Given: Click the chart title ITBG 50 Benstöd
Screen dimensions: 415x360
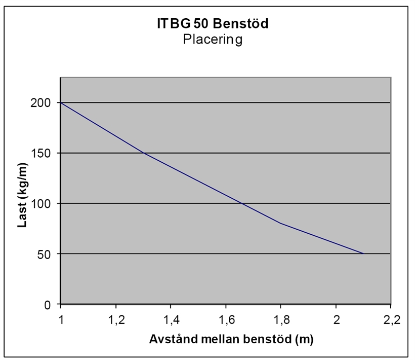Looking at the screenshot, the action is click(213, 23).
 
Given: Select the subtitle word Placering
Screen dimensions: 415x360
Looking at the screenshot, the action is click(213, 40).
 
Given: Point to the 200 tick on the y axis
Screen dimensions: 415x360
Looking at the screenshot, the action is click(40, 103).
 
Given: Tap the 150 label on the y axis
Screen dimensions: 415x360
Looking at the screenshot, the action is click(40, 154).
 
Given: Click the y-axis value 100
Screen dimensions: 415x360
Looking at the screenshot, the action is click(40, 204).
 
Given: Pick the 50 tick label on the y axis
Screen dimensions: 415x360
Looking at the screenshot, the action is click(44, 255).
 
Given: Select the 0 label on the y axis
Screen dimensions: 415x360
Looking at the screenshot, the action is click(48, 305).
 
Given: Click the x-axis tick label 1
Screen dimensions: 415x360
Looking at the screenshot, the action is click(61, 320).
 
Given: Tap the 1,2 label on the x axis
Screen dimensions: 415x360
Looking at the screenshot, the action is click(117, 320).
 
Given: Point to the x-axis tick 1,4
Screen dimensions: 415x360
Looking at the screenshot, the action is click(172, 320).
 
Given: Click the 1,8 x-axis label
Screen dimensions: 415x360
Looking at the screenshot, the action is click(281, 320).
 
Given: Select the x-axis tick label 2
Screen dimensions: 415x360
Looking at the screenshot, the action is click(337, 320).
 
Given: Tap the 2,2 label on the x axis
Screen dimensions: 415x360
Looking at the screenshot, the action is click(392, 320).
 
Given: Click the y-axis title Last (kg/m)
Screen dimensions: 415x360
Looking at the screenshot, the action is click(22, 195).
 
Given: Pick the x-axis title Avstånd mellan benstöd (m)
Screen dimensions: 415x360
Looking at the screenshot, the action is click(231, 339).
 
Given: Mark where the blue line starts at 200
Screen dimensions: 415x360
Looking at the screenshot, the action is click(61, 102).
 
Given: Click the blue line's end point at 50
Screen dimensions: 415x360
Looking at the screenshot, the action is click(364, 254).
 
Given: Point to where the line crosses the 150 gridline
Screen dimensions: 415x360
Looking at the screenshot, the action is click(144, 153).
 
